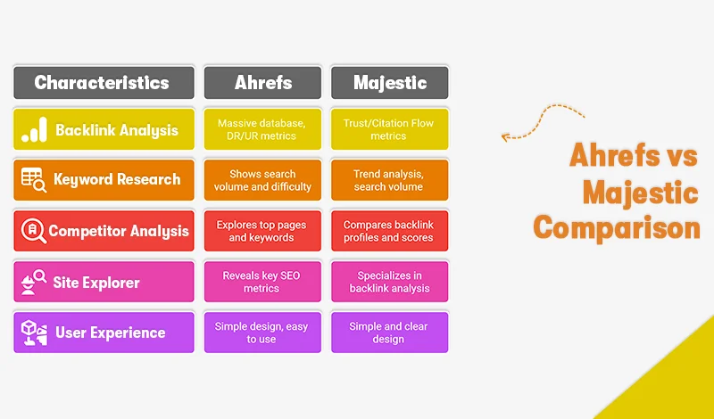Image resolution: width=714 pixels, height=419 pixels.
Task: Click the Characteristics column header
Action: click(103, 83)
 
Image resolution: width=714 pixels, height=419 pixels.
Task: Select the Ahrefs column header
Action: click(262, 83)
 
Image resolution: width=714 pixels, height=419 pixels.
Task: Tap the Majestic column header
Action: click(389, 83)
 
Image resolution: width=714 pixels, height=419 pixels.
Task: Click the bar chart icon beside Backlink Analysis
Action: click(34, 130)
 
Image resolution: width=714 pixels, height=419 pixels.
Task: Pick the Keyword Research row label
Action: click(116, 179)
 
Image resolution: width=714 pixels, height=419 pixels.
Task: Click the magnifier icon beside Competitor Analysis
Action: click(33, 230)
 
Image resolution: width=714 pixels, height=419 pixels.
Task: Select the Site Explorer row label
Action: click(97, 283)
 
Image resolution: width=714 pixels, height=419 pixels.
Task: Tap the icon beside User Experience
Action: click(34, 333)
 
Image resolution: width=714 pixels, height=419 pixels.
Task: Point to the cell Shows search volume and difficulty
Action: click(262, 180)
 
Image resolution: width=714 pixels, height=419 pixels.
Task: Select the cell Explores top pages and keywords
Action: click(262, 231)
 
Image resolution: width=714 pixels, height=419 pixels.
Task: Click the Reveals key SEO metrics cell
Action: click(262, 282)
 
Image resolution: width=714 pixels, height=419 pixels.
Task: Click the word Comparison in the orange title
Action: click(617, 227)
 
